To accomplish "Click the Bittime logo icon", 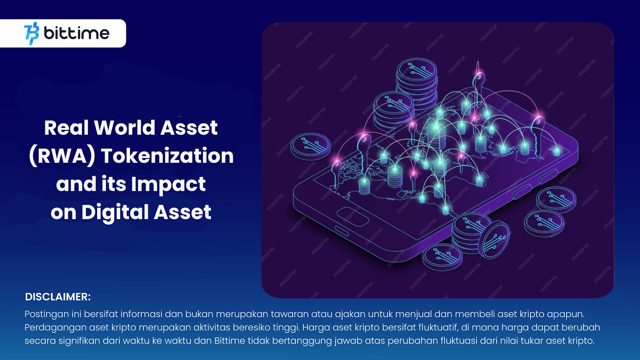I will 32,33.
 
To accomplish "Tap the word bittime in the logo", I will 76,33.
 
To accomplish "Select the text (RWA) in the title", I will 62,156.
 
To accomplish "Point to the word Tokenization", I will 167,156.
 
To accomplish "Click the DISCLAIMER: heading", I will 58,297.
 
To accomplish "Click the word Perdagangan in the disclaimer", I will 55,328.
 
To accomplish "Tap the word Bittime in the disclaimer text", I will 230,341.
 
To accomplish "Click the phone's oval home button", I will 352,216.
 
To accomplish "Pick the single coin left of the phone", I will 310,146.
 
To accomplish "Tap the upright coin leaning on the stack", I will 496,240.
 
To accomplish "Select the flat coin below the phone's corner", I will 443,257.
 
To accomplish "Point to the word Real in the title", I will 66,128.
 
